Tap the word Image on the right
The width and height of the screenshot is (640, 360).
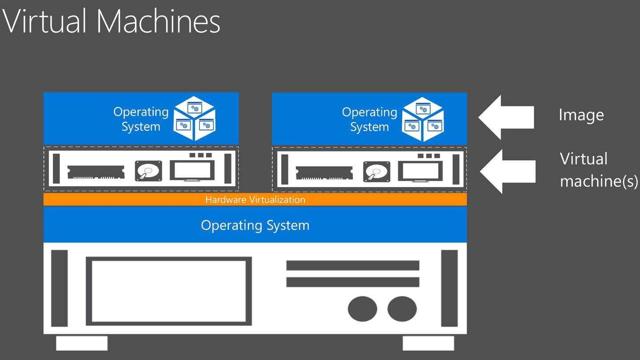point(581,115)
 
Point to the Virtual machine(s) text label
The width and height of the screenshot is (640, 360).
point(598,170)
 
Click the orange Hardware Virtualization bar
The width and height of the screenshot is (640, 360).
point(255,200)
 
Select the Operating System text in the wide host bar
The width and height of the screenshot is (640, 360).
point(255,225)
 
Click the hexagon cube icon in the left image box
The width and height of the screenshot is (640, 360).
point(194,118)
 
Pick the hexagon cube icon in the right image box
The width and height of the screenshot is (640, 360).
point(423,119)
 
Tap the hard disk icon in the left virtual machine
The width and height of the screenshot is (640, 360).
point(148,171)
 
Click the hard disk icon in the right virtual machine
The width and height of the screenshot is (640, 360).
point(376,172)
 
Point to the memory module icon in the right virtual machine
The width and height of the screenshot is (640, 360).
point(324,172)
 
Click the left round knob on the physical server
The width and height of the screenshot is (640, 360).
point(362,308)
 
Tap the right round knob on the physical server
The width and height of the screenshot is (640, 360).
point(402,308)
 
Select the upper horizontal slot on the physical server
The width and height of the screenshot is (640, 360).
point(352,265)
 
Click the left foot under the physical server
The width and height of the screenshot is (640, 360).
point(82,343)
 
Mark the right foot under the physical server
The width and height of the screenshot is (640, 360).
point(428,343)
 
